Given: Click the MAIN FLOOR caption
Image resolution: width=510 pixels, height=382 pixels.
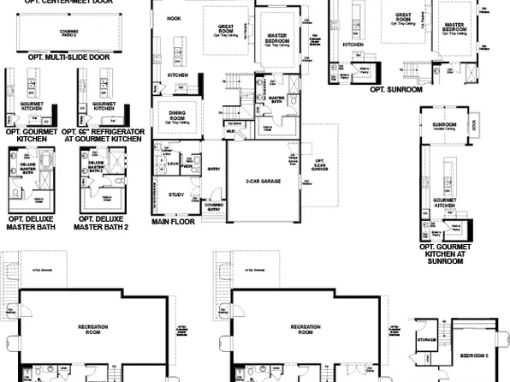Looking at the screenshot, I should click(x=173, y=221).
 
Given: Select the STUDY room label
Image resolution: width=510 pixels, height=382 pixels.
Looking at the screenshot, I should click(x=177, y=194).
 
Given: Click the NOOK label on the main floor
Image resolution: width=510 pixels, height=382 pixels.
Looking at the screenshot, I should click(x=175, y=17).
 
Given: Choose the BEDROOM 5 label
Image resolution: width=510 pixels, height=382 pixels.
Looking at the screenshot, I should click(x=475, y=355).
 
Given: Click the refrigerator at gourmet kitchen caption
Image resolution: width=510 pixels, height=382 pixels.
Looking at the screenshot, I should click(x=104, y=136).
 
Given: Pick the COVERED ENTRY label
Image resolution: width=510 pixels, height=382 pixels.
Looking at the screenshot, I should click(x=213, y=206).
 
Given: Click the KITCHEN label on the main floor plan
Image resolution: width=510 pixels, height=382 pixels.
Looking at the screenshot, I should click(x=177, y=75).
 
